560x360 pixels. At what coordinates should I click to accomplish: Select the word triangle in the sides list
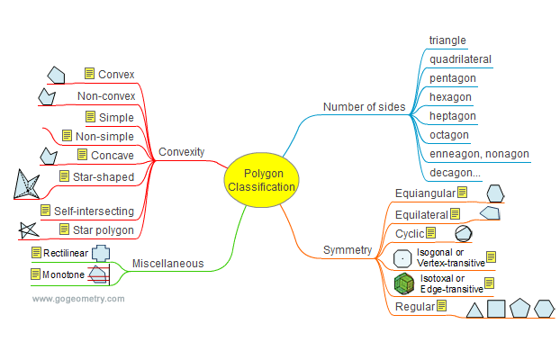(x=447, y=40)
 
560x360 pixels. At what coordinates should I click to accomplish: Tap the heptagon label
(x=451, y=116)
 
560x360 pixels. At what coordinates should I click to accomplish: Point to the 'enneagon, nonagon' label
(x=479, y=154)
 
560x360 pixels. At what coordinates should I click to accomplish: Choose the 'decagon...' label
(x=455, y=173)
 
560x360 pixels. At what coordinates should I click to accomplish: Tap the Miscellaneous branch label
(x=167, y=264)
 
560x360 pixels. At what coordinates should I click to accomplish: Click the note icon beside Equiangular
(x=462, y=192)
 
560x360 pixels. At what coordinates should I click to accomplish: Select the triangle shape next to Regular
(x=474, y=310)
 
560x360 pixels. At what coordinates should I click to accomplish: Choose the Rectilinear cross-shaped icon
(x=100, y=253)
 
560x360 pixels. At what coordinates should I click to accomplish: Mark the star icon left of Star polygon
(x=28, y=230)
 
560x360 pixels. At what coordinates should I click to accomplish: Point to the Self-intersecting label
(x=94, y=211)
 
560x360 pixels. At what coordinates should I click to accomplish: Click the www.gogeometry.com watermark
(x=78, y=298)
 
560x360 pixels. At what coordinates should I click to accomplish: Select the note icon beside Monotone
(x=36, y=274)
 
